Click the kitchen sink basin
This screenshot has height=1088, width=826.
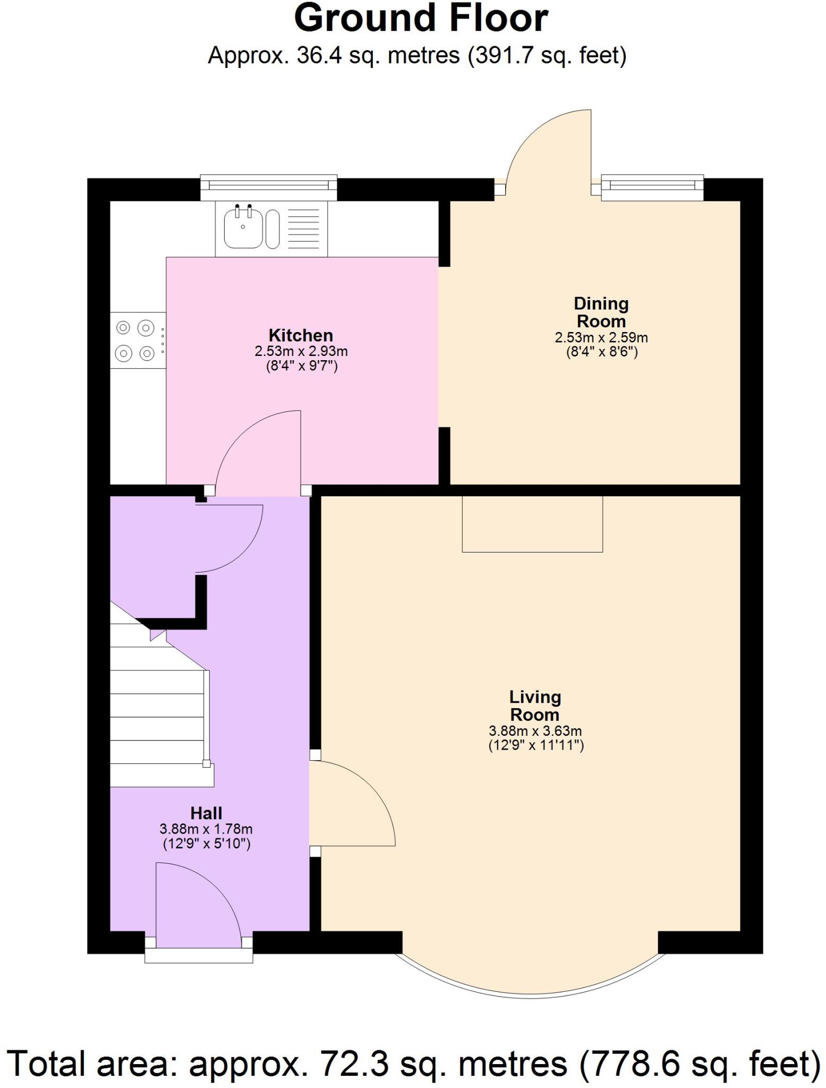243,228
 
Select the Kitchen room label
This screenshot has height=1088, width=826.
301,335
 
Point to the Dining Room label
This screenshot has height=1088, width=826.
601,312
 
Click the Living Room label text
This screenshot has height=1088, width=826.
535,705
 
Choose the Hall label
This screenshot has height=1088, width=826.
206,813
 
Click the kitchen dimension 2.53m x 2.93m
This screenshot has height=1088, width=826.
301,351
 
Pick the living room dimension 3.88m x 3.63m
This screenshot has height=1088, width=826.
535,731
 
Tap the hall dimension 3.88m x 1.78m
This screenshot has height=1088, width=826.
206,829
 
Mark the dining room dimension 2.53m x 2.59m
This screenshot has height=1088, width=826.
601,337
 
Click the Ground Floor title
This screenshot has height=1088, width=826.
421,19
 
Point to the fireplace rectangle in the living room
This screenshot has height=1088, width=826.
532,524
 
